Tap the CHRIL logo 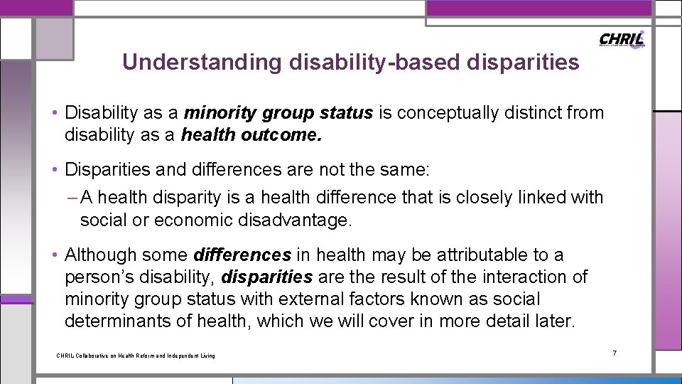click(x=622, y=39)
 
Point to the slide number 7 click(x=615, y=353)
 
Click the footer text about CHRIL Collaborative click(x=135, y=356)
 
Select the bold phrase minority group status click(x=278, y=113)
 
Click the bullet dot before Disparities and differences click(x=55, y=170)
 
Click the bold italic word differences click(x=242, y=255)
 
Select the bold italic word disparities click(x=267, y=277)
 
